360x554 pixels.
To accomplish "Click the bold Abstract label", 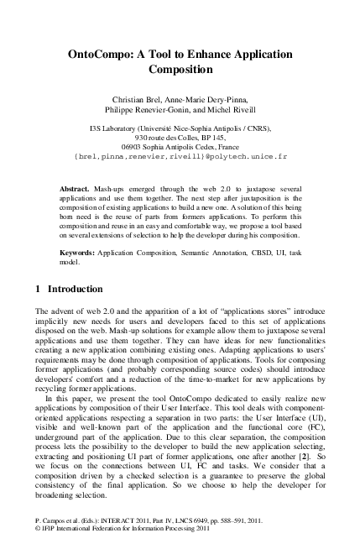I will (76, 190).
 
